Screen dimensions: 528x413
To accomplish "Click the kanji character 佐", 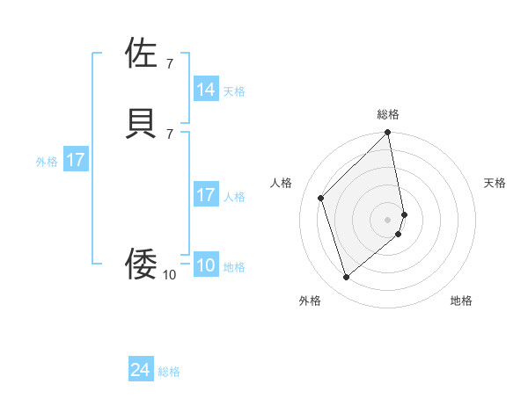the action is (x=142, y=54).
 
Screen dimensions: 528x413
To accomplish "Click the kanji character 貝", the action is (x=142, y=122).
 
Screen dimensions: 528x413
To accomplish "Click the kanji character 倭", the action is (x=142, y=264).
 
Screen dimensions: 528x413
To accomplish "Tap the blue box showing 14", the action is (x=206, y=90).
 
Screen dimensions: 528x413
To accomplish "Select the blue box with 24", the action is (x=141, y=371).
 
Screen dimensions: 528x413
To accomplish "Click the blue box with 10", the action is (x=206, y=266).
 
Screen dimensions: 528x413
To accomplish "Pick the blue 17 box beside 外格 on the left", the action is (x=76, y=161).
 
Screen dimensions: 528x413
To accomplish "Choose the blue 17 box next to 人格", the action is (x=206, y=196).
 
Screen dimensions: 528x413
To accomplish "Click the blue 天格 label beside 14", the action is (x=234, y=91).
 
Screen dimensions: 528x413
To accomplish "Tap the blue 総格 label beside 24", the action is (x=169, y=373).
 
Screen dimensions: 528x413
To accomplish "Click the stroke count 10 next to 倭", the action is (x=169, y=275).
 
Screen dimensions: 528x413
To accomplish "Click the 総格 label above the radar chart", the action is (x=388, y=114).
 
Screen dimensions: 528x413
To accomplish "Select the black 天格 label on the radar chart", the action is (x=495, y=183).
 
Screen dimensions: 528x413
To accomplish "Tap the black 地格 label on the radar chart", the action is (x=461, y=301).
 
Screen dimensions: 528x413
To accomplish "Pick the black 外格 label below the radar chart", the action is (x=310, y=301).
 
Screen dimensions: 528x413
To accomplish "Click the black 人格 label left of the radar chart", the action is (x=282, y=183).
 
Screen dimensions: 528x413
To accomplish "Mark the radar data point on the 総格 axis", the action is (x=388, y=134).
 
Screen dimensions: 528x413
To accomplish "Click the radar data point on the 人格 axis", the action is (x=321, y=198).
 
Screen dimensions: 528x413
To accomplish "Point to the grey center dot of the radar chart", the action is (x=388, y=219).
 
